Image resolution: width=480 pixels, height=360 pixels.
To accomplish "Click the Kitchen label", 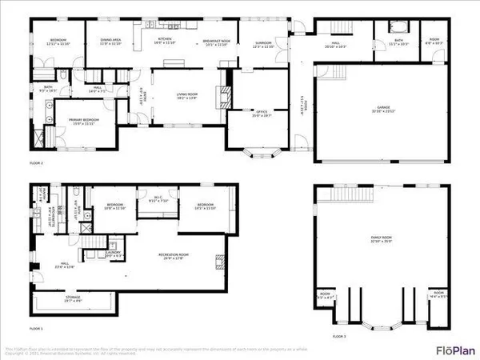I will (x=166, y=40).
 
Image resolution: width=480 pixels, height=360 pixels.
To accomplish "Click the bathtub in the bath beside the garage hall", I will (x=398, y=27).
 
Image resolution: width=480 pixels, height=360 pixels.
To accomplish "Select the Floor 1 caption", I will (x=36, y=329).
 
